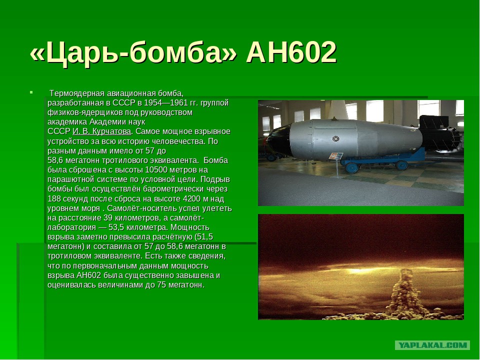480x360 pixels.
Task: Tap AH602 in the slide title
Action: tap(291, 52)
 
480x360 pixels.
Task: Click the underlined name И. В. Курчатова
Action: tap(102, 131)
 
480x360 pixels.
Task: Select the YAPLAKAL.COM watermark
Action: tap(432, 345)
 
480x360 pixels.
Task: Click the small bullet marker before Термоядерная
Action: tap(31, 92)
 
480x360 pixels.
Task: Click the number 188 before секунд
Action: tap(54, 198)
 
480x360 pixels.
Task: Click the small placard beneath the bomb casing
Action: tap(338, 156)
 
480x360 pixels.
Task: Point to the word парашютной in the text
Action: tap(68, 179)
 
